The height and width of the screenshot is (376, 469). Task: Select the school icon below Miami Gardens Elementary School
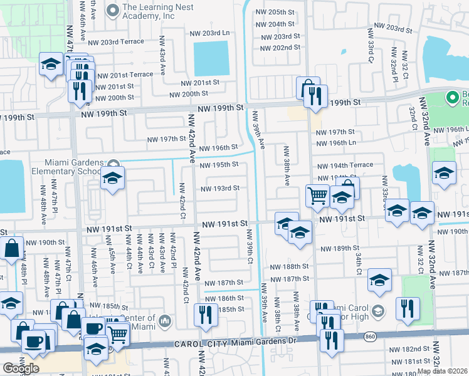[112, 180]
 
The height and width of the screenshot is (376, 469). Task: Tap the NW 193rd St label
[219, 189]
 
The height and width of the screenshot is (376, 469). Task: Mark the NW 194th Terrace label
[345, 165]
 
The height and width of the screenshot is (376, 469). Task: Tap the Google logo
[20, 368]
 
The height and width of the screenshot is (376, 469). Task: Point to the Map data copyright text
[442, 371]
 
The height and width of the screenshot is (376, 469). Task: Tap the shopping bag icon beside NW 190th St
[13, 248]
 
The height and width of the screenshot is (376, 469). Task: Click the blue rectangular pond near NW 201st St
[211, 59]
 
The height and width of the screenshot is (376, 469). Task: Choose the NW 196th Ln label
[335, 144]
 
